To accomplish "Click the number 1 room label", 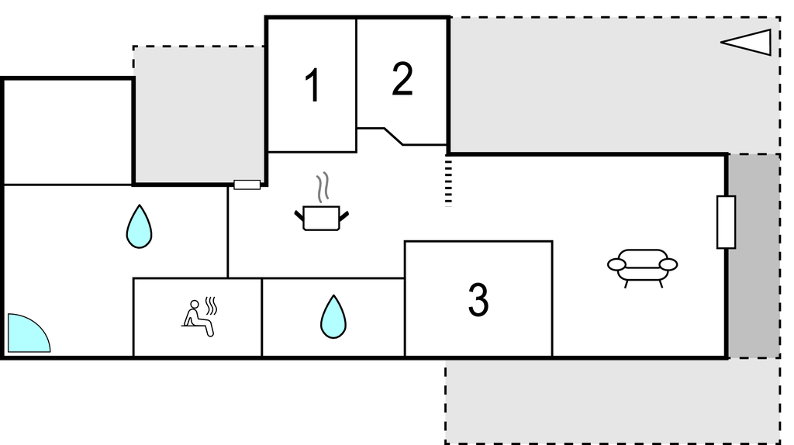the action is tap(313, 85).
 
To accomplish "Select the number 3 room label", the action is tap(478, 300).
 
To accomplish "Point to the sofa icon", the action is tap(643, 268).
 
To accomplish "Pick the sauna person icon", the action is tap(199, 317).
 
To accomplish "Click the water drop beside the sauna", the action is tap(333, 317).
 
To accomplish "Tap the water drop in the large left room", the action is tap(140, 226).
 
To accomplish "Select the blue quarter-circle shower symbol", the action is tap(29, 333).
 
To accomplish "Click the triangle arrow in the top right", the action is tap(746, 42).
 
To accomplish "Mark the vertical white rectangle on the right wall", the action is tap(726, 222).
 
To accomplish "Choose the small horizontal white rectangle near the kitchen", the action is tap(247, 185).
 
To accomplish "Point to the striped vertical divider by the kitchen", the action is tap(448, 183).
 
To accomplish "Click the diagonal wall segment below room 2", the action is tap(393, 136).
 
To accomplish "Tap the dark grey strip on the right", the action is tap(754, 256).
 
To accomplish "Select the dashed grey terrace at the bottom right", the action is tap(613, 402).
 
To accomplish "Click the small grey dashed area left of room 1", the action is tap(198, 115).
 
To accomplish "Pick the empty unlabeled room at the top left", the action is tap(68, 132).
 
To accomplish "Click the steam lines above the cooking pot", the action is tap(323, 188).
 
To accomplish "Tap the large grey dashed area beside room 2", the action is tap(614, 85).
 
